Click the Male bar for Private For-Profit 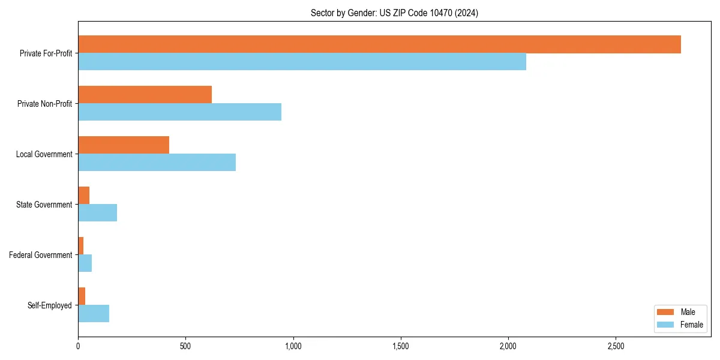pyautogui.click(x=379, y=44)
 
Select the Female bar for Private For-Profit pyautogui.click(x=302, y=62)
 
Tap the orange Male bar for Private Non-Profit pyautogui.click(x=145, y=95)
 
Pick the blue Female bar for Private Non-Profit pyautogui.click(x=179, y=112)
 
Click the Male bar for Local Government pyautogui.click(x=124, y=145)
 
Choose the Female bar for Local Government pyautogui.click(x=157, y=163)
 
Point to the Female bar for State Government pyautogui.click(x=97, y=213)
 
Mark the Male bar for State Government pyautogui.click(x=84, y=196)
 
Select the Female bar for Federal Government pyautogui.click(x=85, y=263)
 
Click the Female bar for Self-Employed pyautogui.click(x=94, y=314)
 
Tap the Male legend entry pyautogui.click(x=679, y=312)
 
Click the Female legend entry pyautogui.click(x=679, y=325)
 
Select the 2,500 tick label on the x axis pyautogui.click(x=616, y=346)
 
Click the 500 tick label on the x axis pyautogui.click(x=185, y=346)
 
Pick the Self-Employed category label pyautogui.click(x=50, y=305)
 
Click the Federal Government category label pyautogui.click(x=41, y=255)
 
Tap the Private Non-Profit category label pyautogui.click(x=44, y=104)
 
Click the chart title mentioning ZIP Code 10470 pyautogui.click(x=394, y=13)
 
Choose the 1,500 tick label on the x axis pyautogui.click(x=400, y=346)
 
